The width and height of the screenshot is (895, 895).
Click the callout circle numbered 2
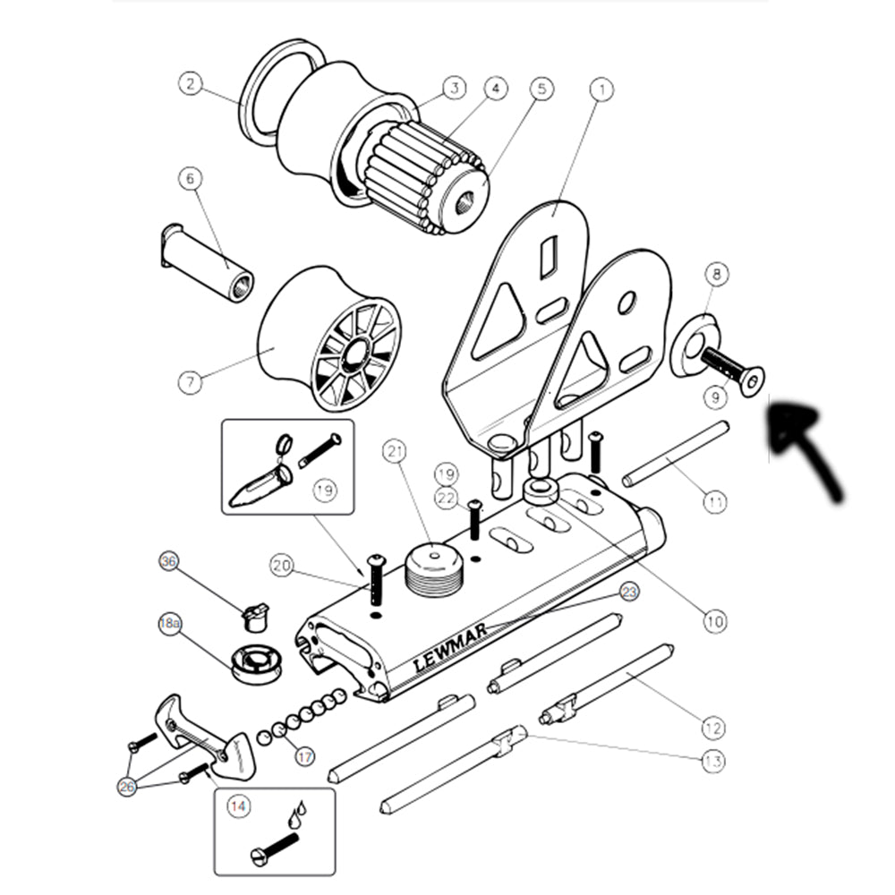click(x=190, y=84)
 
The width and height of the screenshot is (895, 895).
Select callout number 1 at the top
click(x=601, y=89)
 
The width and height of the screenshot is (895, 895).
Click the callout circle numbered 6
click(x=190, y=179)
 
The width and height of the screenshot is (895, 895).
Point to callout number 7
click(x=190, y=382)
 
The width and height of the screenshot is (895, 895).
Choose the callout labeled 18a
click(x=170, y=625)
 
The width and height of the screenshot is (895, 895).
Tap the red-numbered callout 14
click(x=237, y=806)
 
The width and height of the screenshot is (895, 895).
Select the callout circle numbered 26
click(x=128, y=787)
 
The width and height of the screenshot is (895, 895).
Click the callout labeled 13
click(x=712, y=762)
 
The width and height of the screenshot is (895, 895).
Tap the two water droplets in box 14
click(x=297, y=814)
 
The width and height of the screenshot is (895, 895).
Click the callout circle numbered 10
click(x=714, y=620)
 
